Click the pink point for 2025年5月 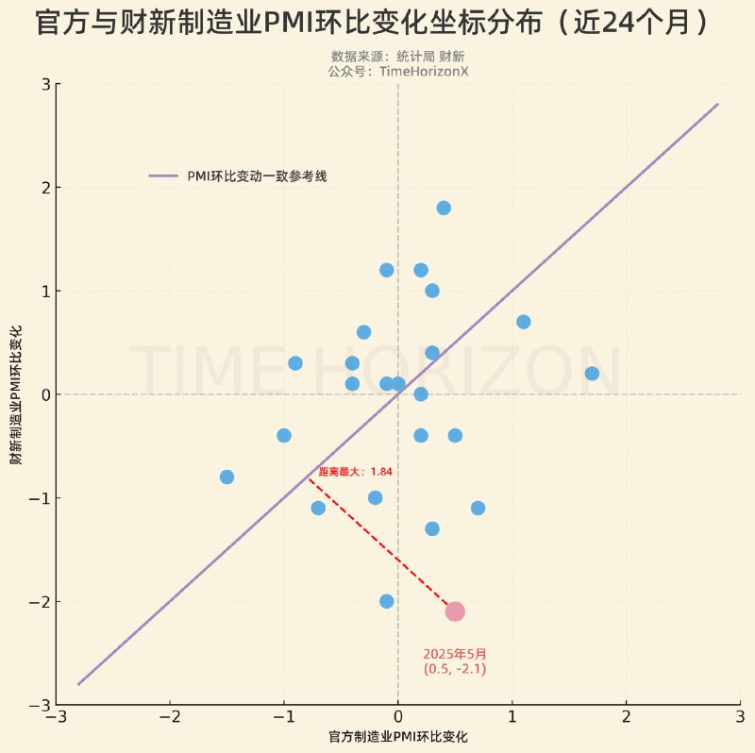[x=455, y=611]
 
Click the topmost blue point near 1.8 [x=444, y=208]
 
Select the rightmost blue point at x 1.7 [x=592, y=373]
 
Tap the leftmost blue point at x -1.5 [x=226, y=477]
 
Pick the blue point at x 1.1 [x=524, y=322]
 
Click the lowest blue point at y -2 [x=386, y=601]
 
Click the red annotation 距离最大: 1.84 [x=355, y=471]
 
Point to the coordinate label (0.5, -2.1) [x=455, y=669]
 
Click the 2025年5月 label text [x=455, y=653]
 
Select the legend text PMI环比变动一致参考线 [x=257, y=176]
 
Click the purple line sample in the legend [x=163, y=176]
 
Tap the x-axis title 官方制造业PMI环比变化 [x=398, y=736]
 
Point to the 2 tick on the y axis [x=44, y=188]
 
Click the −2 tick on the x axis [x=170, y=718]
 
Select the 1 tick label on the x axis [x=512, y=718]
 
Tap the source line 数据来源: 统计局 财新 [x=397, y=57]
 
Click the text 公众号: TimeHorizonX [x=397, y=71]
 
